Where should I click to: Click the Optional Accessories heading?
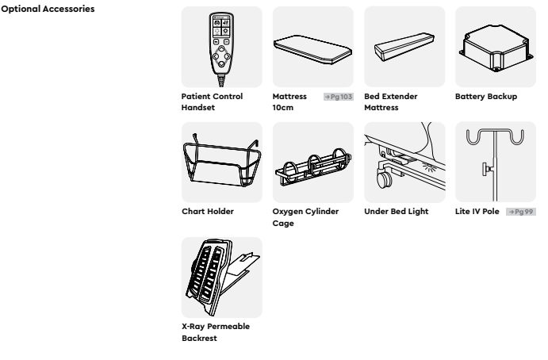(48, 9)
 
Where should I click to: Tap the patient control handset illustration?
(221, 49)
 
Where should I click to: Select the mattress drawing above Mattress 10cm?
(312, 49)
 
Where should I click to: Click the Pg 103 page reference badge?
(339, 97)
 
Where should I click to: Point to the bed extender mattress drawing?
(404, 47)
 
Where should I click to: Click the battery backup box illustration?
(496, 48)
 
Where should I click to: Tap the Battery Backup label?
(486, 97)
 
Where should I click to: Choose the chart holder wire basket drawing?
(222, 160)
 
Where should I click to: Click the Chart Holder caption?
(208, 212)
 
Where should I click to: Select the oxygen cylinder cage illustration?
(313, 167)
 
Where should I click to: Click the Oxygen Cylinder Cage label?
(305, 217)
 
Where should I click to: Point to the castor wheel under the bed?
(385, 179)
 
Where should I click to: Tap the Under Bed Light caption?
(397, 212)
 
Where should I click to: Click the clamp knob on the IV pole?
(486, 169)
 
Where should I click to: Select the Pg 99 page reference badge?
(521, 212)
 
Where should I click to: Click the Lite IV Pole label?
(477, 212)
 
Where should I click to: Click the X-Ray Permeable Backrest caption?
(216, 332)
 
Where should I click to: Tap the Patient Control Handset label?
(212, 102)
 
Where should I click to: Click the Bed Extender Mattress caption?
(391, 102)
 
